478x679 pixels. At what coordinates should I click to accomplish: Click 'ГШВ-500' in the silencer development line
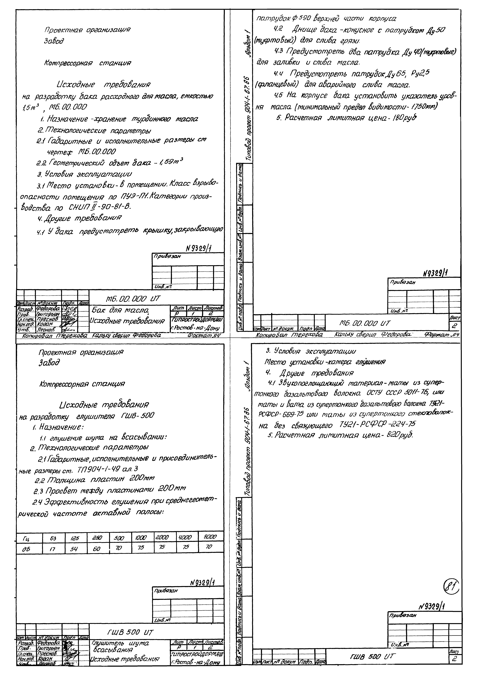coord(137,415)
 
